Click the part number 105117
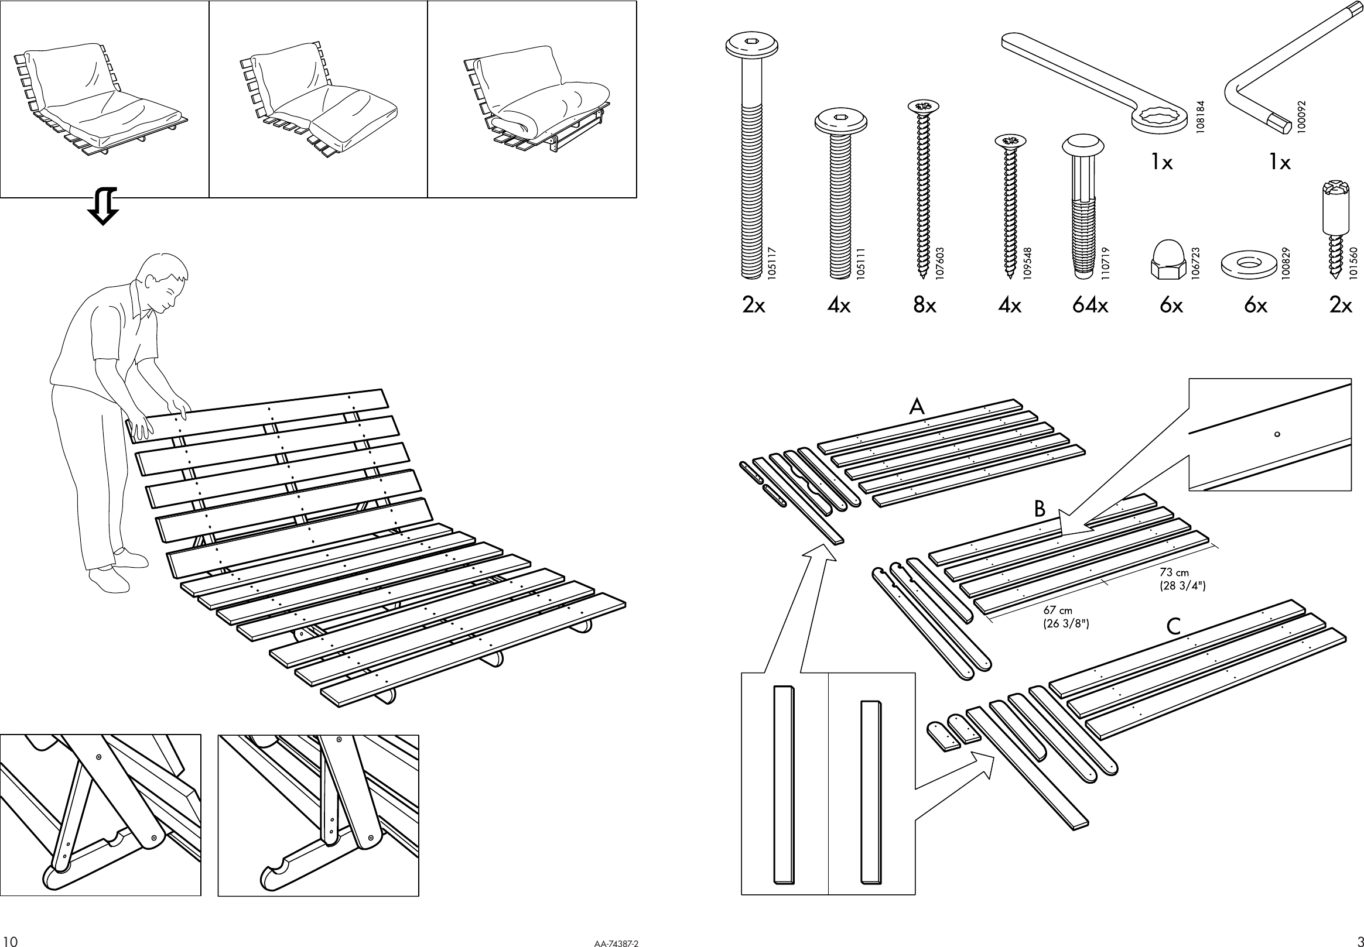point(772,263)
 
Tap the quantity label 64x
point(1090,305)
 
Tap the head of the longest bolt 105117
point(751,46)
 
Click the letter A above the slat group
point(917,407)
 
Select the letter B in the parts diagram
point(1040,509)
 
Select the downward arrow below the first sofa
point(102,207)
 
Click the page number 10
point(11,941)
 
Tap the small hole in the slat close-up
point(1277,434)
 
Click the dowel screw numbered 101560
point(1335,238)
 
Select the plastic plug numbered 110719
point(1083,208)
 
